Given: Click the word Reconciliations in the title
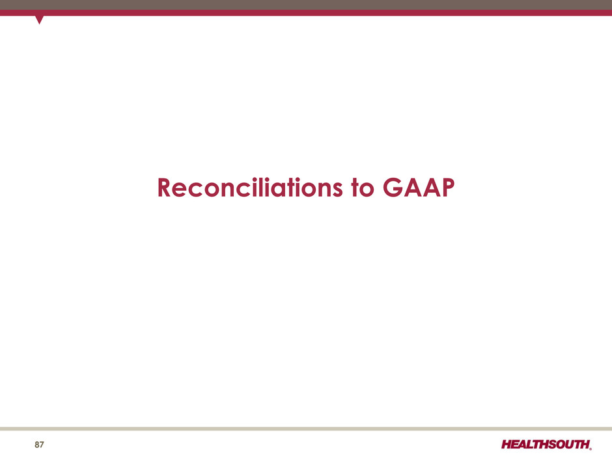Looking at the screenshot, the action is pos(250,188).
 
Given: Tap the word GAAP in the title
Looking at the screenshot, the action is pos(419,188).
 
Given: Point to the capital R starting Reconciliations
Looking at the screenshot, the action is pos(164,188).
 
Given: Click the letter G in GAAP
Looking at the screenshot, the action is pos(392,188).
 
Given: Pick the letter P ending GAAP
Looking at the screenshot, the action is pos(448,188).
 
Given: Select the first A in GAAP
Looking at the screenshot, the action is pos(413,188).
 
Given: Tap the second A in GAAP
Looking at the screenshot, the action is pos(431,188).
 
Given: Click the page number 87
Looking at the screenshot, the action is pos(39,445).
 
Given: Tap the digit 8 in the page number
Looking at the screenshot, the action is pos(36,445).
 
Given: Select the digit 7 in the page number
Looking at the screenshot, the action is pos(42,445).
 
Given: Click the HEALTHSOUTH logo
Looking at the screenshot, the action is pos(546,445).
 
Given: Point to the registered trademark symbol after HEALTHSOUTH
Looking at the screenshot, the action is pos(591,449).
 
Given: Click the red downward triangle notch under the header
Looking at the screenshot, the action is pos(39,20).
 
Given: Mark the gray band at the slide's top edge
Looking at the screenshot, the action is pos(306,5).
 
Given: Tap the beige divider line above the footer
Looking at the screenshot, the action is pos(306,428).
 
